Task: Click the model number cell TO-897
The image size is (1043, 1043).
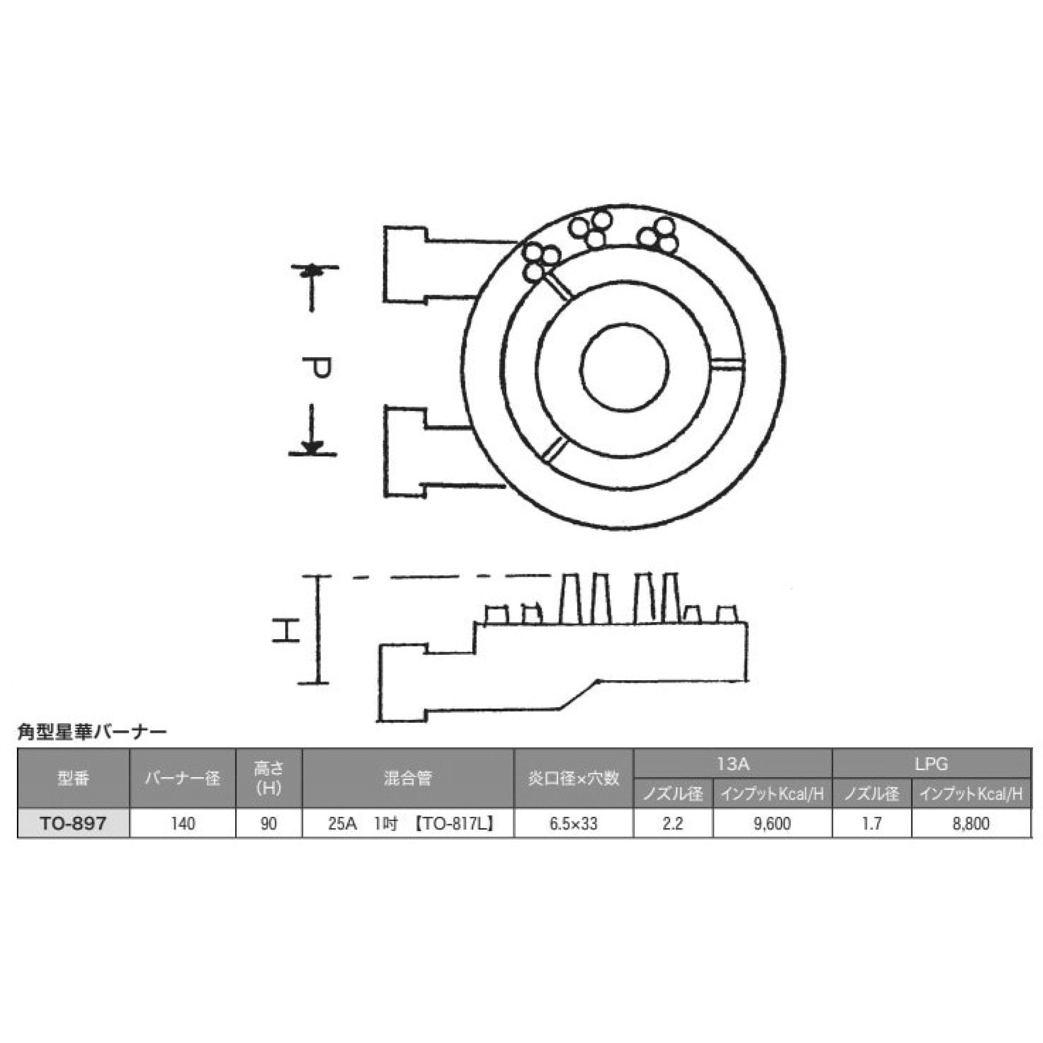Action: pos(74,823)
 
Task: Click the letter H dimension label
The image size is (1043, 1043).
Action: pos(285,630)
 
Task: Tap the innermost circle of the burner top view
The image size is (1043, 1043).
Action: pos(625,368)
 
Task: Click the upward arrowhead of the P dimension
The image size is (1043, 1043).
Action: pos(312,271)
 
